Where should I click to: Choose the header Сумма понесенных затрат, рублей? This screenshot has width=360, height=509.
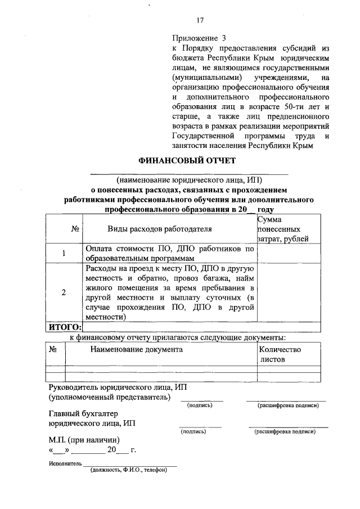282,229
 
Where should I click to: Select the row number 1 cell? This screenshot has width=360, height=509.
64,253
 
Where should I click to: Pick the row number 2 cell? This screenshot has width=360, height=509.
64,292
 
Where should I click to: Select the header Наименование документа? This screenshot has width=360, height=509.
137,349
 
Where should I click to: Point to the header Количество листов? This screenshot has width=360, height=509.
280,354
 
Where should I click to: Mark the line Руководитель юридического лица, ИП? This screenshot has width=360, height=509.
118,388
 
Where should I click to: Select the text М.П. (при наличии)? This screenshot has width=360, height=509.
84,440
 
